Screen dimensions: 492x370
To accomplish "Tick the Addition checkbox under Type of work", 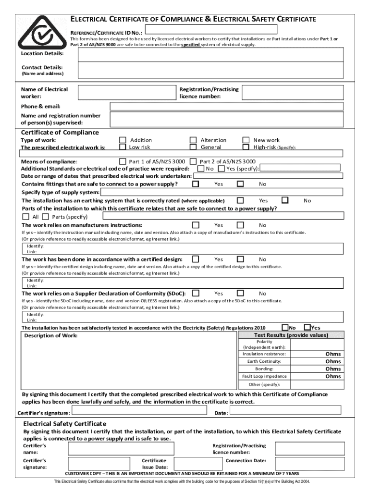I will (x=123, y=140).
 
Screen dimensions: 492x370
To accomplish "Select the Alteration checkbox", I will (x=193, y=140).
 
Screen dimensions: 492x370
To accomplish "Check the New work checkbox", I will (x=246, y=140).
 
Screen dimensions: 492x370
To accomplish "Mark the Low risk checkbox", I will (x=123, y=147).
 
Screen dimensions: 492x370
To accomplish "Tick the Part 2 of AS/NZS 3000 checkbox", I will (x=193, y=161).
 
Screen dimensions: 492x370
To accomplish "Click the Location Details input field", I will (x=211, y=55).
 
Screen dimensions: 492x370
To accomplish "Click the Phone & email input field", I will (x=227, y=106).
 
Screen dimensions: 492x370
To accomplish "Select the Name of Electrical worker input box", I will (x=127, y=93).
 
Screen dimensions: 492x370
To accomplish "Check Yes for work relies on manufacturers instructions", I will (x=196, y=225).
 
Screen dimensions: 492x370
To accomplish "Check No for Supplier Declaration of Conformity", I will (x=240, y=293).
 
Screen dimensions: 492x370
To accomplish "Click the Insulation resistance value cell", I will (x=317, y=354).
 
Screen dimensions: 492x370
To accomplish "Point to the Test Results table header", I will (x=291, y=335).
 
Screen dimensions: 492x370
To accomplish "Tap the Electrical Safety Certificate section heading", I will (x=65, y=423).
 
